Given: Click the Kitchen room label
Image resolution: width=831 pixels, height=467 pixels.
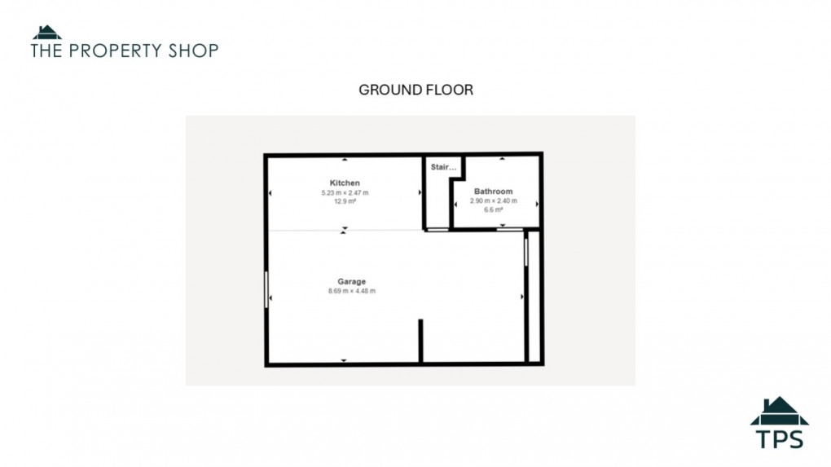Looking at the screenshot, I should [x=345, y=183].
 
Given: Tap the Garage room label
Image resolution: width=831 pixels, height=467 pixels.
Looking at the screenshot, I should [x=352, y=282].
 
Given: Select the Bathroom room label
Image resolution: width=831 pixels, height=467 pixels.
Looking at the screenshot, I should [x=494, y=192].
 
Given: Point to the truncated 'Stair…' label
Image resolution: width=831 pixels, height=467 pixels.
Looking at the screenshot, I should [x=444, y=168].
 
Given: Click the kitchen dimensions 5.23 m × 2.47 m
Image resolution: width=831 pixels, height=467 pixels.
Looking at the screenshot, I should [x=345, y=192].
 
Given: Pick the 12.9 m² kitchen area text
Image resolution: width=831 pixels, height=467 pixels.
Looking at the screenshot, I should [x=345, y=200].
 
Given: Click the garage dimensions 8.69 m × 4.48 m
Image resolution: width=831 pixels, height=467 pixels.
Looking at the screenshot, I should [x=352, y=291].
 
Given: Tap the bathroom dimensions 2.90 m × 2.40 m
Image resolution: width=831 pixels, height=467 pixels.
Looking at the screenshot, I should [x=494, y=200].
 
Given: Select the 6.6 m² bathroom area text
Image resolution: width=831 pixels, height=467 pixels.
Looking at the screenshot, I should [x=494, y=209].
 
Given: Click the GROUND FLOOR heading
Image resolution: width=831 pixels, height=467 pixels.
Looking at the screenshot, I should [x=415, y=90].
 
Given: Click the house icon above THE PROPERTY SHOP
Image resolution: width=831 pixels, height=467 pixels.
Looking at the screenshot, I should [x=47, y=33].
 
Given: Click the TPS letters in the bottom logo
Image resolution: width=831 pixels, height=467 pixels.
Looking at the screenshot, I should [x=779, y=438].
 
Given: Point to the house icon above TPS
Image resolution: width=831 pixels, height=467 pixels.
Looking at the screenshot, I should [x=779, y=411].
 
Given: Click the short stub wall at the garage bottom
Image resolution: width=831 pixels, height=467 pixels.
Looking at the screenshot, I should [x=420, y=340].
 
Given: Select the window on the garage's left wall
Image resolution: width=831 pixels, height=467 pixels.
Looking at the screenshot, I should [x=266, y=290].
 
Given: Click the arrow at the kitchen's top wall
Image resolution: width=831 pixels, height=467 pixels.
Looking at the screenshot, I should [x=345, y=159].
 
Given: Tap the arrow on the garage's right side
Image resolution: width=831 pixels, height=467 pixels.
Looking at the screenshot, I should [x=522, y=297].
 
